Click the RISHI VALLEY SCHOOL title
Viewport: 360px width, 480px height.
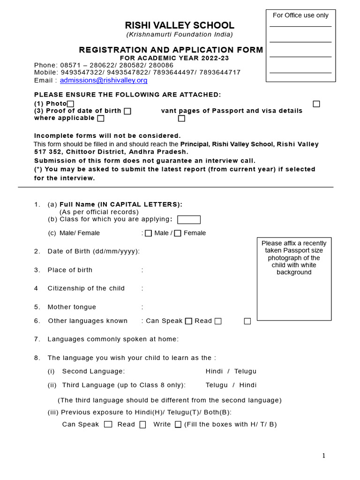[x=180, y=26]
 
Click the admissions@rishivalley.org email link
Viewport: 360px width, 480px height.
[x=104, y=80]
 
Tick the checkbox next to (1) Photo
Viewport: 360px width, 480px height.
[x=70, y=104]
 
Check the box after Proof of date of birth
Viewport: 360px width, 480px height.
[x=127, y=111]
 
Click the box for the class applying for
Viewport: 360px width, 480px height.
[x=189, y=219]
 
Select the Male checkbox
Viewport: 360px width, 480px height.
[x=148, y=233]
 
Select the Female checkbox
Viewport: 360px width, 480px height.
[x=178, y=233]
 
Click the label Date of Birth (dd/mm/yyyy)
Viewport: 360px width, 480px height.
[x=93, y=251]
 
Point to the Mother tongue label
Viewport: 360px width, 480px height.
[x=72, y=307]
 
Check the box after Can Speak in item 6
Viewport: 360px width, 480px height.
[x=188, y=321]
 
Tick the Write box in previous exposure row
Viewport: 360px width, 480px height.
[x=178, y=424]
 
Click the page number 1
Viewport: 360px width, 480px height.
[x=323, y=456]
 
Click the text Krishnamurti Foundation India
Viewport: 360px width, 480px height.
[x=180, y=35]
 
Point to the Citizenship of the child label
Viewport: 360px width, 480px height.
[x=86, y=288]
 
